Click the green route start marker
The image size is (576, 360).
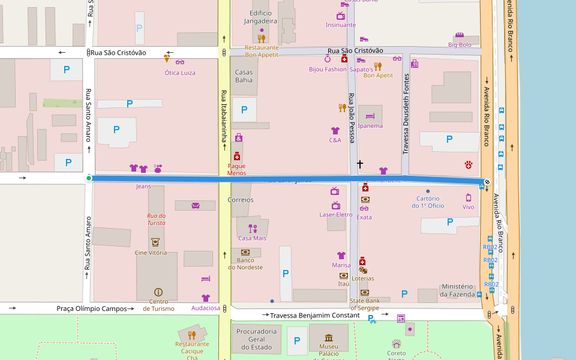(x=89, y=178)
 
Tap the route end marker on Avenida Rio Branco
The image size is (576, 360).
(x=487, y=182)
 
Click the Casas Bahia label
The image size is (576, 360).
(x=244, y=76)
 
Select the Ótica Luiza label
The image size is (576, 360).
(x=180, y=73)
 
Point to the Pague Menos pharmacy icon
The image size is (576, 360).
(x=237, y=156)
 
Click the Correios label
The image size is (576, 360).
(x=241, y=200)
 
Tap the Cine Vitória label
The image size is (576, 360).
(x=155, y=253)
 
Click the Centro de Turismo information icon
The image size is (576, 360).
(x=158, y=292)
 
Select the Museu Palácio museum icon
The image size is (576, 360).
(x=328, y=338)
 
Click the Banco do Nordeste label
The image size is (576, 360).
(x=245, y=263)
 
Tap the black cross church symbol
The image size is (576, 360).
(x=360, y=163)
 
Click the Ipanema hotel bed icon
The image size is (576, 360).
(x=370, y=116)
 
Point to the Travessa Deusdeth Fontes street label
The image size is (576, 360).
(x=406, y=114)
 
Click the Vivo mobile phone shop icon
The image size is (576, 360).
(x=469, y=197)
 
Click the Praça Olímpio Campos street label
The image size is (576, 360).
(x=91, y=308)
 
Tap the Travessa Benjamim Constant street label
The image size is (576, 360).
(x=314, y=315)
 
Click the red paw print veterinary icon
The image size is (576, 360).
(x=469, y=164)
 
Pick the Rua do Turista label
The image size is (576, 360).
(x=157, y=219)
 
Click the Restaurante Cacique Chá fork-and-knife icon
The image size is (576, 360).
(x=192, y=335)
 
